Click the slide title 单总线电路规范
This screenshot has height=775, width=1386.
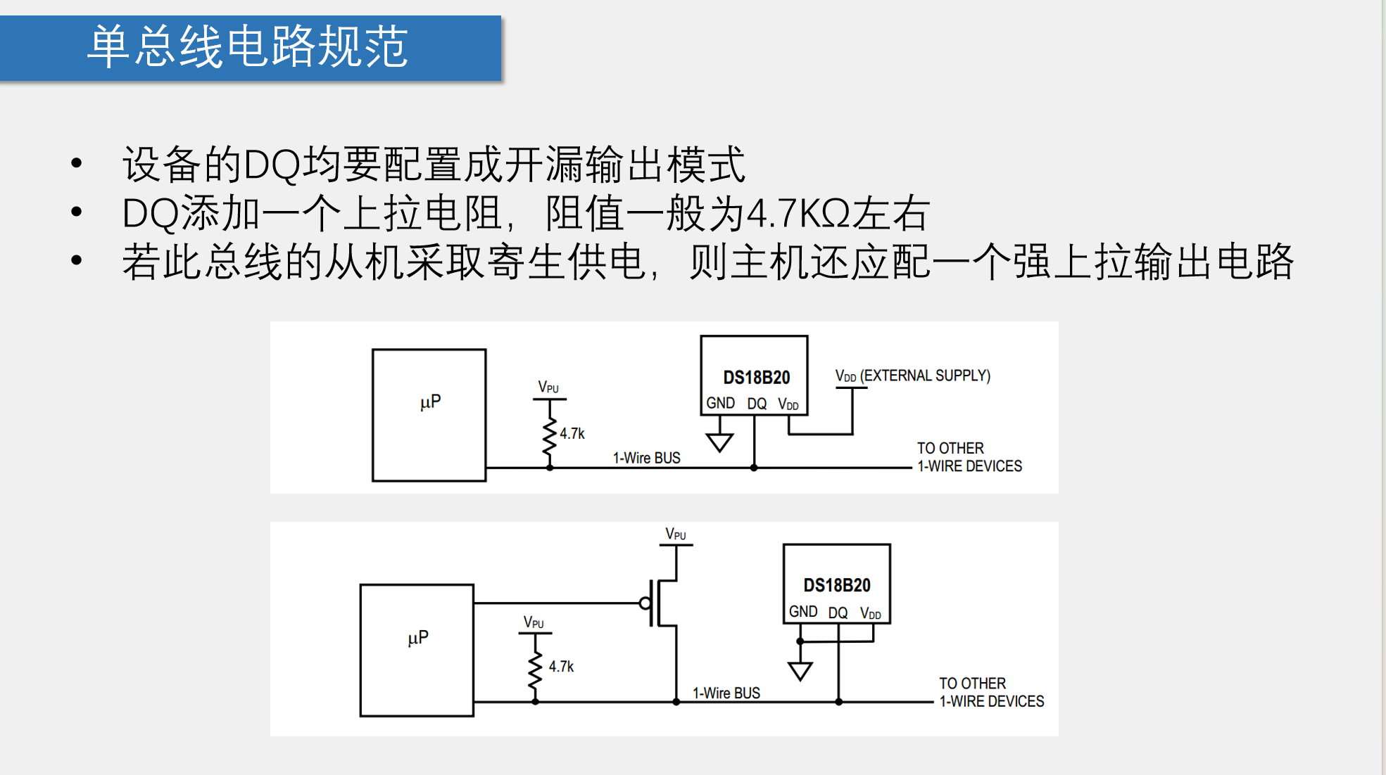coord(247,47)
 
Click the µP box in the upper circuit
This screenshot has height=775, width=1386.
coord(429,415)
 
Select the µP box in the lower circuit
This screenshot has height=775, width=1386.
coord(417,650)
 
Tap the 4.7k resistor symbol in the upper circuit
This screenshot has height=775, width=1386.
coord(550,438)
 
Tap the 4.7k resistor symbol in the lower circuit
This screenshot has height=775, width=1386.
coord(536,670)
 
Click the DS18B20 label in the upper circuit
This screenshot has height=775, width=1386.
coord(757,378)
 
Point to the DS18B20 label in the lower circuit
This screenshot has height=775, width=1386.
coord(837,585)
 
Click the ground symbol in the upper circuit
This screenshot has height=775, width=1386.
coord(719,442)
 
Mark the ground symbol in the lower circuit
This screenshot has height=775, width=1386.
coord(800,671)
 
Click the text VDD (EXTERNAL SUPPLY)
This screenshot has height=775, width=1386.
coord(912,376)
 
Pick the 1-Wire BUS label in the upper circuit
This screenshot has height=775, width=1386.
coord(646,458)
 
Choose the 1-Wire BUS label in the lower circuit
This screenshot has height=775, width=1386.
coord(726,693)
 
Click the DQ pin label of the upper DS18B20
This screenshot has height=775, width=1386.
coord(757,404)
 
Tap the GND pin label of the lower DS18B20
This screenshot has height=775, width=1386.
coord(803,612)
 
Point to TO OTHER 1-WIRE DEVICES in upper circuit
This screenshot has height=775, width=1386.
coord(969,457)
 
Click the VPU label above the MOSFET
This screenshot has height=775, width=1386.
coord(676,534)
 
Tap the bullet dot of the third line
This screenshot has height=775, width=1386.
coord(77,260)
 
